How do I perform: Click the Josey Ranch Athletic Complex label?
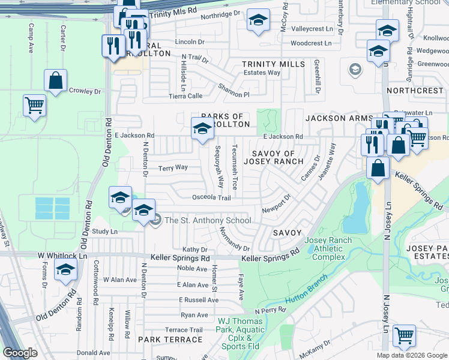pyautogui.click(x=325, y=249)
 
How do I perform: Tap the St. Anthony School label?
pyautogui.click(x=208, y=220)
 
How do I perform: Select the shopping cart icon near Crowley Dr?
pyautogui.click(x=34, y=106)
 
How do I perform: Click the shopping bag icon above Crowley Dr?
pyautogui.click(x=55, y=82)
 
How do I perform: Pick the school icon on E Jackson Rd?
pyautogui.click(x=202, y=128)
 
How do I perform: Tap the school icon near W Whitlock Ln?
pyautogui.click(x=65, y=270)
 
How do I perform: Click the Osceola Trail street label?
pyautogui.click(x=211, y=197)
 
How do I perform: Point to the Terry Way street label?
pyautogui.click(x=173, y=168)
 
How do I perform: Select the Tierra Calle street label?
pyautogui.click(x=185, y=95)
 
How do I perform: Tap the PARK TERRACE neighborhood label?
pyautogui.click(x=170, y=340)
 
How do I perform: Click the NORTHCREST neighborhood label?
pyautogui.click(x=415, y=91)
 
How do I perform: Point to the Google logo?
pyautogui.click(x=20, y=353)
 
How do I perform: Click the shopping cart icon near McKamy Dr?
pyautogui.click(x=404, y=336)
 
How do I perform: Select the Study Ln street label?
pyautogui.click(x=104, y=231)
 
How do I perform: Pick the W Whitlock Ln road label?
pyautogui.click(x=62, y=256)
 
